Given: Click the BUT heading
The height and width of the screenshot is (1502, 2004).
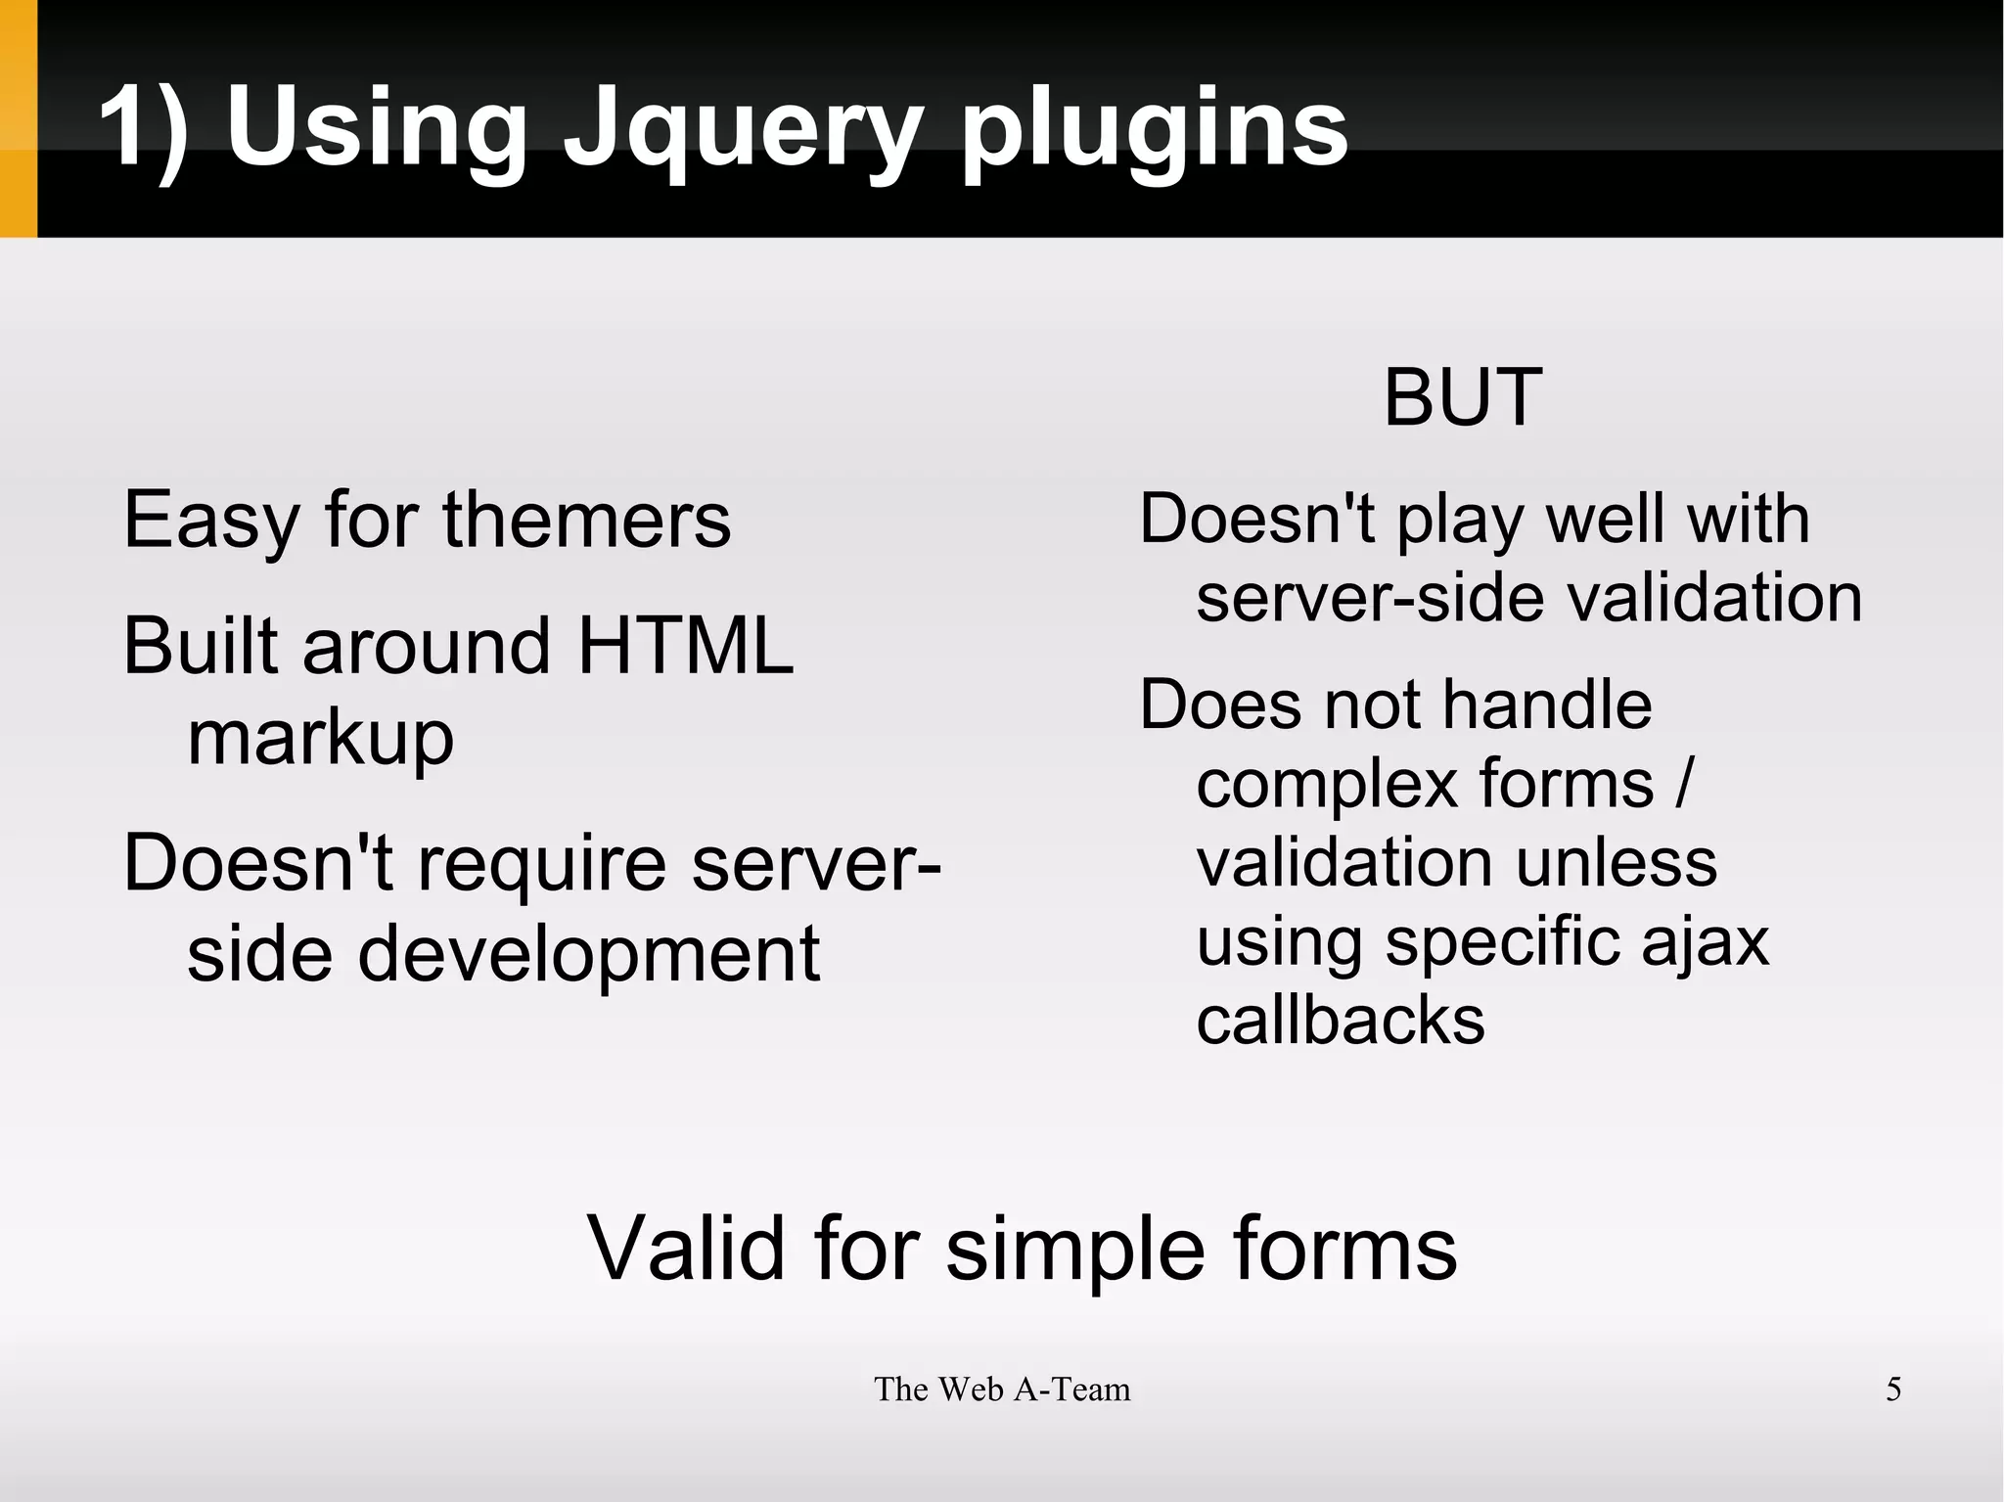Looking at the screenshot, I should pos(1463,397).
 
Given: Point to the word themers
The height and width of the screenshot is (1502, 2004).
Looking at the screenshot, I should pos(586,520).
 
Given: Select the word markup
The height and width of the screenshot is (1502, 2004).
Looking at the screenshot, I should pos(320,739).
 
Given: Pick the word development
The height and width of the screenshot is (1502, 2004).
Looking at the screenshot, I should pos(588,955).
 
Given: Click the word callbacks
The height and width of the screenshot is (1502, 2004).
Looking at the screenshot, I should pos(1341,1021).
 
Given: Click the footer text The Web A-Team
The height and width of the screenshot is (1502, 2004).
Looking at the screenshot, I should pos(1002,1389).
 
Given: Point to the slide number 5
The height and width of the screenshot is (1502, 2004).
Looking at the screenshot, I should pos(1893,1389).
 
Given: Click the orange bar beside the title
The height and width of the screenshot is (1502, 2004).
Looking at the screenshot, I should pos(19,118).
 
